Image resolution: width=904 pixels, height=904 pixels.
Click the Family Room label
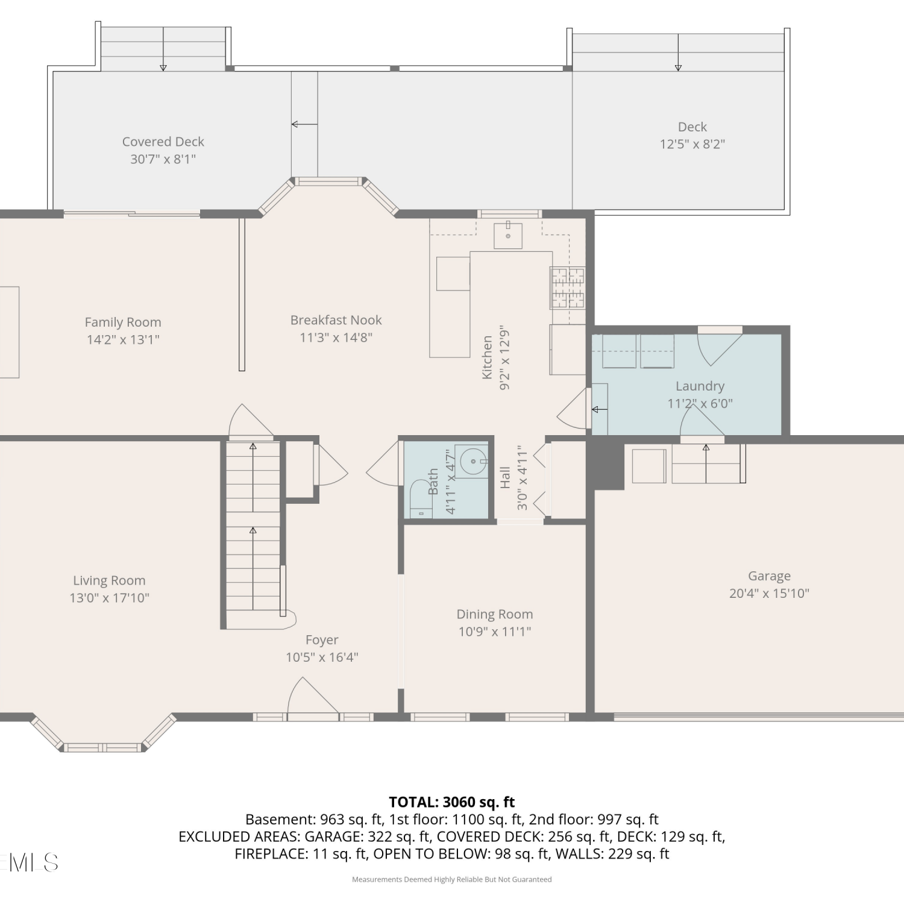click(123, 322)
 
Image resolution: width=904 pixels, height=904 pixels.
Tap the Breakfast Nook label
click(336, 320)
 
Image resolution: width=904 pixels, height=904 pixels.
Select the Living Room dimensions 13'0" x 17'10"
click(109, 598)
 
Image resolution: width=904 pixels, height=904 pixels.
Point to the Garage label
click(769, 576)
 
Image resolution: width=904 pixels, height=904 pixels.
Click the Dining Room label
click(495, 614)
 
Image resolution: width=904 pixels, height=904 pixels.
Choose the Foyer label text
click(322, 640)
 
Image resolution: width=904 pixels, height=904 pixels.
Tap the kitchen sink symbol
click(508, 235)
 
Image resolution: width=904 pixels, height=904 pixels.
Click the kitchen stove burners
click(568, 288)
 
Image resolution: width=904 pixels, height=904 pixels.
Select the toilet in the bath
click(421, 499)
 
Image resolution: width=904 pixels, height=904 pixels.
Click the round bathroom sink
click(474, 462)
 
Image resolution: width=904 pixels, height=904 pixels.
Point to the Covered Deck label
click(163, 142)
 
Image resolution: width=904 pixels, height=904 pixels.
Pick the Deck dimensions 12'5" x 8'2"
click(692, 144)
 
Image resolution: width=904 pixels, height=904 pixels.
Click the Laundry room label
click(700, 386)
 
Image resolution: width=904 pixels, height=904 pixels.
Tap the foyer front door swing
click(313, 696)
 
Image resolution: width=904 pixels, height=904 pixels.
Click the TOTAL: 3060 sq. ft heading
click(452, 802)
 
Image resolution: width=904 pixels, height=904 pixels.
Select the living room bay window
click(104, 734)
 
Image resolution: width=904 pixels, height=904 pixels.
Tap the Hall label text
click(505, 477)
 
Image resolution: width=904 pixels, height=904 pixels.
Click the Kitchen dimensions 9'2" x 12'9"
click(505, 358)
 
